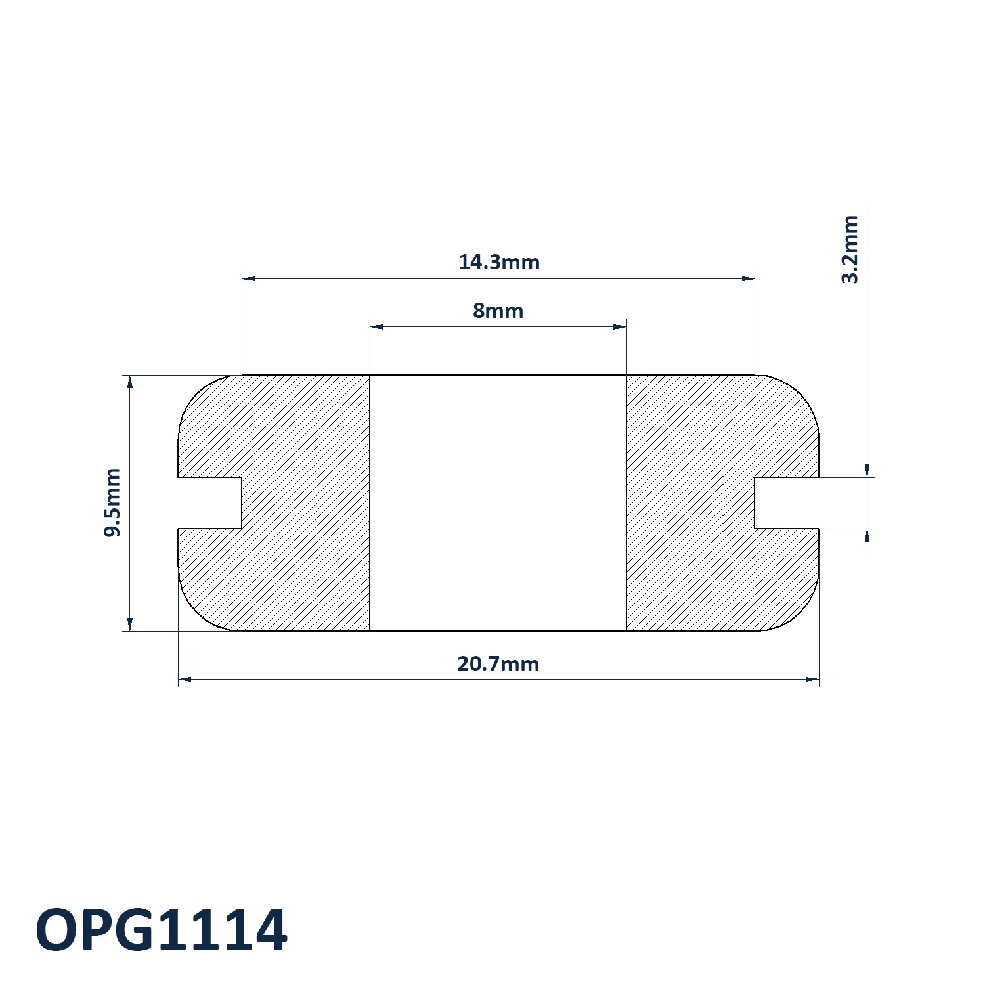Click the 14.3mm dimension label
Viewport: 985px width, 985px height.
(x=499, y=262)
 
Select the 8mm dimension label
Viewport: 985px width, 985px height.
(x=498, y=311)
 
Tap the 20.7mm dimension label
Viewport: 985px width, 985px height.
(x=498, y=664)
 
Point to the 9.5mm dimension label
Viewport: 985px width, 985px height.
(x=113, y=502)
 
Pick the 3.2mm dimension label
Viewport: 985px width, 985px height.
(x=850, y=249)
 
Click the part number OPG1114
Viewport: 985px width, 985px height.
(x=162, y=930)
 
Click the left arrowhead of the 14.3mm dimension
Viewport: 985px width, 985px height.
(x=249, y=278)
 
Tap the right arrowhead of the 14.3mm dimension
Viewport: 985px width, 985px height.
(x=748, y=278)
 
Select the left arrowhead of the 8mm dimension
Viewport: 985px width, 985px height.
(x=377, y=326)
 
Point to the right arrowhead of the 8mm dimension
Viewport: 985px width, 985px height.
(x=620, y=326)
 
